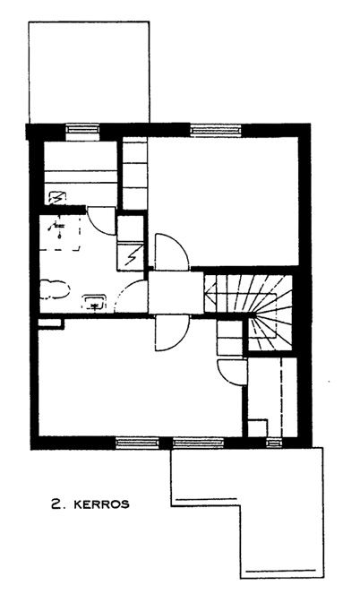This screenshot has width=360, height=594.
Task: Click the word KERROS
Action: coord(101,504)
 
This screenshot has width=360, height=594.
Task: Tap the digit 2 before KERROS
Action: coord(56,504)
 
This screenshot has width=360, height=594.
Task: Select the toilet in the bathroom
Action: coord(55,289)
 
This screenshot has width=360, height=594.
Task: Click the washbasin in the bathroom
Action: coord(95,302)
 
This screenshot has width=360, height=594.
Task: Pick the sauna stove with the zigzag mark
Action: coord(57,198)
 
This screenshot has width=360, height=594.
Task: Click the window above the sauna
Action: coord(82,130)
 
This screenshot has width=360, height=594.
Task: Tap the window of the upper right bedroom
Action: coord(216,130)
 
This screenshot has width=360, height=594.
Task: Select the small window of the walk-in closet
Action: coord(274,442)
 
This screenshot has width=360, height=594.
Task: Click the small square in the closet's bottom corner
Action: coord(258,428)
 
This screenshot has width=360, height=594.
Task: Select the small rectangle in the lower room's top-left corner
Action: coord(50,323)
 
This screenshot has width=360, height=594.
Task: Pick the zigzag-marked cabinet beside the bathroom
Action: coord(130,257)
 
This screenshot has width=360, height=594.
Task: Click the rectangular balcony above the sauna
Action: coord(89,72)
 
